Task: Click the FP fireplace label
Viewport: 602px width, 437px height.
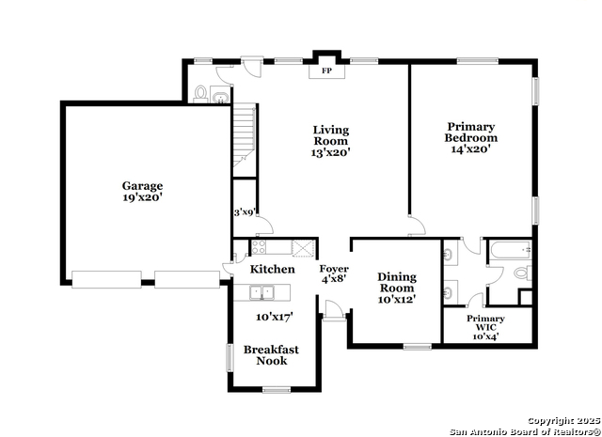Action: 326,71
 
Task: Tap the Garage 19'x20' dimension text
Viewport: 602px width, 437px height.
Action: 143,198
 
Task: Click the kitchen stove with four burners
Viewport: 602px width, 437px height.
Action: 259,247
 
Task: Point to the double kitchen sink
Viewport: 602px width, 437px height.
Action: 261,292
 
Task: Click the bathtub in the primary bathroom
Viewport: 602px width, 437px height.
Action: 510,250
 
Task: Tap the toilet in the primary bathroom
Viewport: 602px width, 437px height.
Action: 523,273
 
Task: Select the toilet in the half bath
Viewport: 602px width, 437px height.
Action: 200,94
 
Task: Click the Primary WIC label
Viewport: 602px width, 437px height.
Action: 485,323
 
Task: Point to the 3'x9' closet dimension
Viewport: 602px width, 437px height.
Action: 245,212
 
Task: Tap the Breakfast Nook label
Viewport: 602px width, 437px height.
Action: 271,355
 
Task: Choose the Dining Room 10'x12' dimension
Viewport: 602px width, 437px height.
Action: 397,300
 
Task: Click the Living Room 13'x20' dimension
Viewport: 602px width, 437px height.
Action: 330,152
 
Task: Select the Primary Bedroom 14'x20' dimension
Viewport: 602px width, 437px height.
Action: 470,148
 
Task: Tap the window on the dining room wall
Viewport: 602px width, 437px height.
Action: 418,347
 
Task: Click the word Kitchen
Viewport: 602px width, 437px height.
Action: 273,270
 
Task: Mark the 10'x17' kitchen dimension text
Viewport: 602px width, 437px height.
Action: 275,317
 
